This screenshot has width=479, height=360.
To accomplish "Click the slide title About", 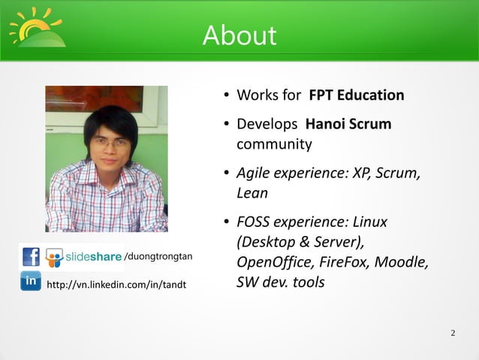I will coord(239,35).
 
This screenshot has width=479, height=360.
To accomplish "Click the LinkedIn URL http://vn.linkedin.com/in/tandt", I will coord(116,285).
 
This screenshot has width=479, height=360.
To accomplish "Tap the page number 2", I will coord(453,333).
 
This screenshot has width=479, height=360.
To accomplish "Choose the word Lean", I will coord(252,192).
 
